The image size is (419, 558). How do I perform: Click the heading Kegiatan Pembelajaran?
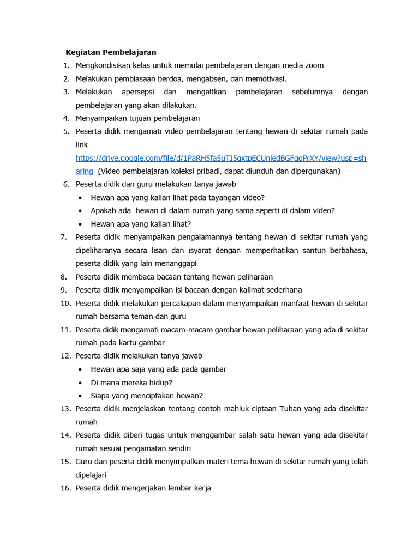[x=111, y=52]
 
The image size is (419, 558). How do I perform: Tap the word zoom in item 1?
[x=314, y=65]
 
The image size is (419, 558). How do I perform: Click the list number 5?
[x=66, y=131]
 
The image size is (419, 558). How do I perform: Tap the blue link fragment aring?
[x=84, y=171]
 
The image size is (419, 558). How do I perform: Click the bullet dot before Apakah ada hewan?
[x=80, y=211]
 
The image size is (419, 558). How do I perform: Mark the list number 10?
[x=65, y=303]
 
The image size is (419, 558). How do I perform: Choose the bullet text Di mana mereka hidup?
[x=131, y=383]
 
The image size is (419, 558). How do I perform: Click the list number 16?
[x=65, y=488]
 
